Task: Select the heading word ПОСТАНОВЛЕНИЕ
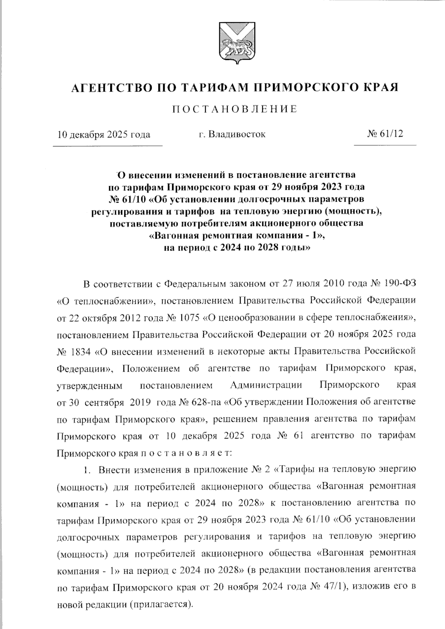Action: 235,109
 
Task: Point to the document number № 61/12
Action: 385,134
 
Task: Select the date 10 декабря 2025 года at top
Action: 103,134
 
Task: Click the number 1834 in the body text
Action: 79,351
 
